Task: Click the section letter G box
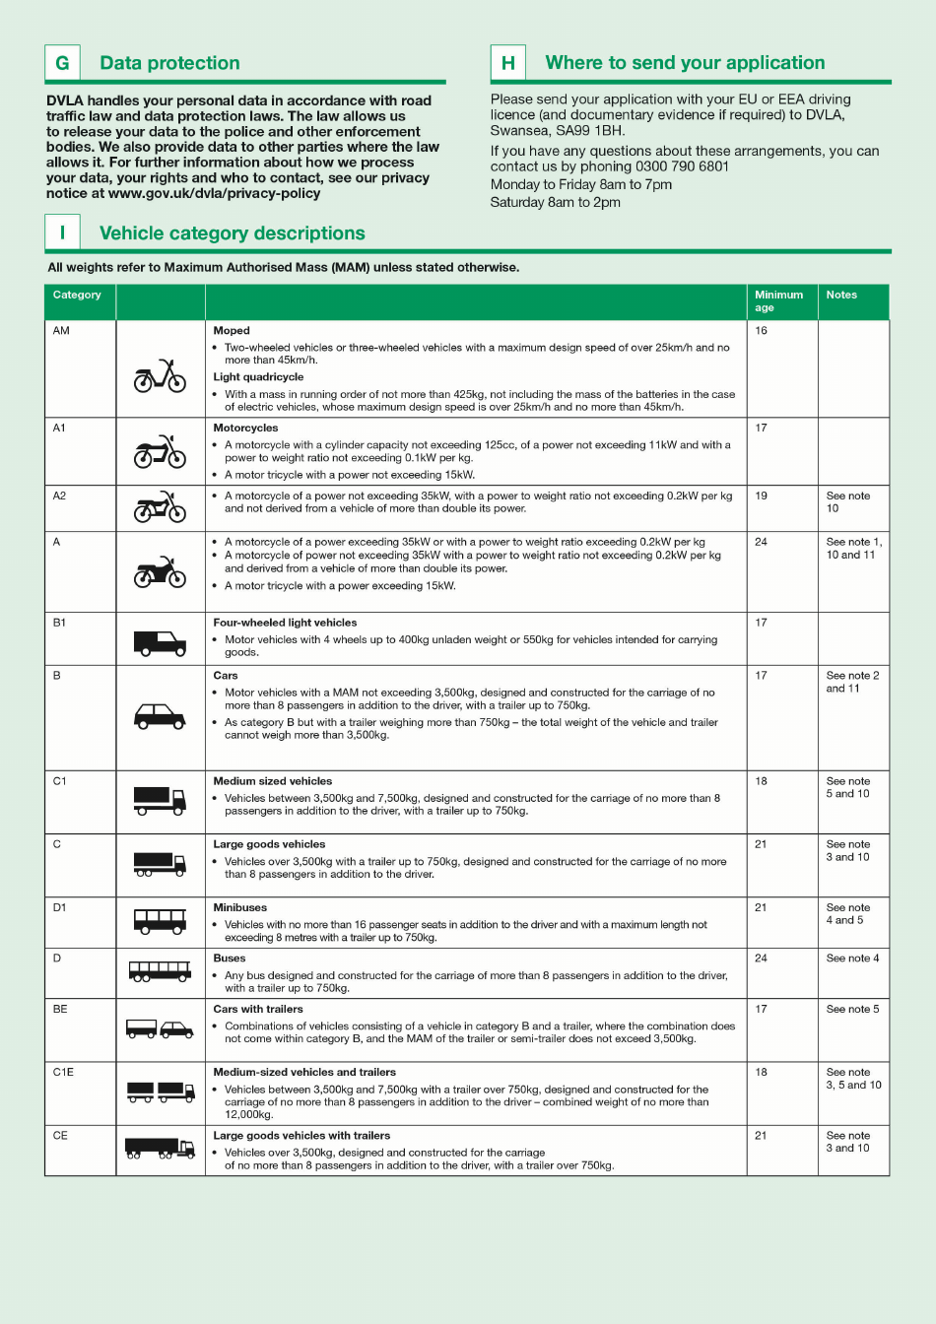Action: click(x=62, y=63)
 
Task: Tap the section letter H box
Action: click(x=508, y=63)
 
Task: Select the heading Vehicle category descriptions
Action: click(x=232, y=233)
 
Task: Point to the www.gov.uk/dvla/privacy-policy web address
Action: click(x=214, y=193)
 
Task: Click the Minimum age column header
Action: click(x=778, y=301)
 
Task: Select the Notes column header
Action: click(x=841, y=296)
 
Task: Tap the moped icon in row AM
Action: click(x=160, y=376)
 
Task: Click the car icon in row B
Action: click(x=160, y=716)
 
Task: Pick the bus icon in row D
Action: click(x=160, y=971)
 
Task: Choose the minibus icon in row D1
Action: click(x=160, y=921)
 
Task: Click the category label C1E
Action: click(x=63, y=1072)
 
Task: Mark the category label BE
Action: click(x=60, y=1009)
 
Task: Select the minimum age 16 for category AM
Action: click(x=761, y=331)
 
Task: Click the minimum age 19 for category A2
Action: click(x=761, y=496)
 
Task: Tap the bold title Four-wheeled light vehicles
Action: click(x=285, y=623)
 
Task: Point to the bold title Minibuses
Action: click(x=239, y=907)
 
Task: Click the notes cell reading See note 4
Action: click(x=852, y=958)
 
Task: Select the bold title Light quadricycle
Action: click(x=258, y=377)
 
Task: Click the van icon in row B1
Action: click(x=160, y=643)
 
